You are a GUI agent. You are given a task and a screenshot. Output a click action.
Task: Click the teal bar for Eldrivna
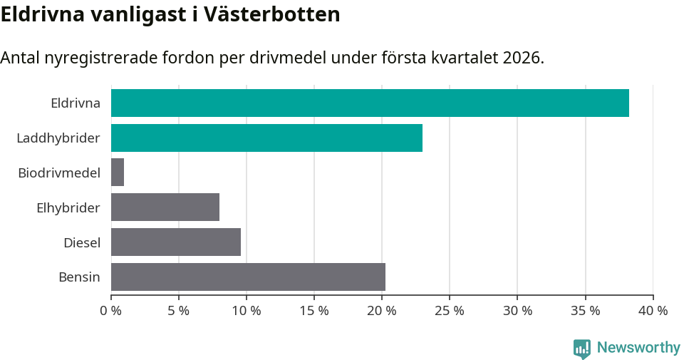tap(370, 103)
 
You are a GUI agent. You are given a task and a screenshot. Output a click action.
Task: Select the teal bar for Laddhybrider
tap(266, 138)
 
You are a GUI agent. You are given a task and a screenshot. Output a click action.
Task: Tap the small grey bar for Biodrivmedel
tap(118, 173)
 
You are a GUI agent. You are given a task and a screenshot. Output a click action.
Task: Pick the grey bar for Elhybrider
tap(165, 207)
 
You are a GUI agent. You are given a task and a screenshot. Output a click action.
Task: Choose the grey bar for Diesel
tap(176, 242)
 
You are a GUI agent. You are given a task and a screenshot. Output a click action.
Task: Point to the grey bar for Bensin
tap(248, 277)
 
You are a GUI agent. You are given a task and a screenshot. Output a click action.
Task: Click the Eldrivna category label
tap(76, 103)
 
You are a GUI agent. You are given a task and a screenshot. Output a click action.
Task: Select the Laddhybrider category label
tap(58, 138)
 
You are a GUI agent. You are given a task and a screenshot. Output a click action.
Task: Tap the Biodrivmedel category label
tap(59, 173)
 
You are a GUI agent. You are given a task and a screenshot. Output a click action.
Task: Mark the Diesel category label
tap(82, 242)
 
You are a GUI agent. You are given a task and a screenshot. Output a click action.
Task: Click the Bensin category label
tap(79, 277)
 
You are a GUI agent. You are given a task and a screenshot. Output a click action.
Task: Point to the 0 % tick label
tap(111, 311)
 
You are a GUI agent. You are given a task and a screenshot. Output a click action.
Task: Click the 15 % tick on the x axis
tap(314, 311)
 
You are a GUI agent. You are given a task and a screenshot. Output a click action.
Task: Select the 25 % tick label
tap(450, 311)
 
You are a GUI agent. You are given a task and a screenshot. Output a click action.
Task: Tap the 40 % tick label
tap(653, 311)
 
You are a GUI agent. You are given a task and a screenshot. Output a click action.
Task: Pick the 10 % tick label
tap(247, 311)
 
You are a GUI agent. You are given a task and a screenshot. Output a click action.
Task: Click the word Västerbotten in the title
tap(272, 14)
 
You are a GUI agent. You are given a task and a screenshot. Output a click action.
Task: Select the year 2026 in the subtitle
tap(522, 58)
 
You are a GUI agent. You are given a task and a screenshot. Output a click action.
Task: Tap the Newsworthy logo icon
tap(582, 348)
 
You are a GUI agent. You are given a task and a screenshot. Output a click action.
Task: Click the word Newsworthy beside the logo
tap(638, 348)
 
